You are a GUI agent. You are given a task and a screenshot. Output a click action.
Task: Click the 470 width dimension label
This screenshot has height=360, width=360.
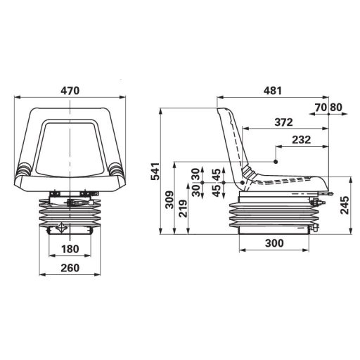coord(70,91)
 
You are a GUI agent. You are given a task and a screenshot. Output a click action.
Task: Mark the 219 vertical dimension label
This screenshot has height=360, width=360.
coord(182,210)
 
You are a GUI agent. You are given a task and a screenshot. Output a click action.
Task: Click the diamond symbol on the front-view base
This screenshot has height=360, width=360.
coord(61,227)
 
